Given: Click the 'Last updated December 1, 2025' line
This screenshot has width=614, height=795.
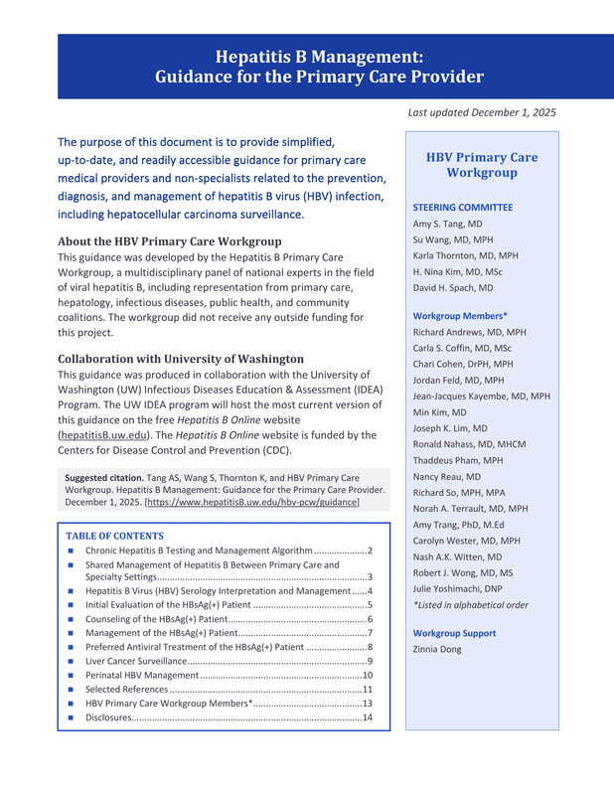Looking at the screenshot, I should tap(482, 113).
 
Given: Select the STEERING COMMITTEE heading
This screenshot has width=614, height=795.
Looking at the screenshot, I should tap(462, 207).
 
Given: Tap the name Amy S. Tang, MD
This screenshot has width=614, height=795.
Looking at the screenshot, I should tap(447, 224).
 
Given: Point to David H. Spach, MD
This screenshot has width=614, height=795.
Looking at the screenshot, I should tap(452, 288).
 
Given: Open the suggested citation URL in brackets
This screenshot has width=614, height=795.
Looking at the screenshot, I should tap(251, 503).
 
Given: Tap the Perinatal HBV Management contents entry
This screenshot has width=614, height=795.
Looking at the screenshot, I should tap(142, 675).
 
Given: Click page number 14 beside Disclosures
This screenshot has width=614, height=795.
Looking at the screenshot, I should tap(367, 717).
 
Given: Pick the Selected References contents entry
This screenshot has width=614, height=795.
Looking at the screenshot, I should tap(126, 689).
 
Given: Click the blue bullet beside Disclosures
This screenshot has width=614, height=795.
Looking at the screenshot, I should tap(72, 717).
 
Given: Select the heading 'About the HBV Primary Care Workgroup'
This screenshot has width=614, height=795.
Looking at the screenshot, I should tap(169, 241).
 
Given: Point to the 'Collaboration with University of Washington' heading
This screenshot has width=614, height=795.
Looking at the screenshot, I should tap(181, 359).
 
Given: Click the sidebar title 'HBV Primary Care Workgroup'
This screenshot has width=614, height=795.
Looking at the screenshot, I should tap(482, 165).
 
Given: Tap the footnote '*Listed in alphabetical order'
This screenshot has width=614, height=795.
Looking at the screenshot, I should tap(470, 604).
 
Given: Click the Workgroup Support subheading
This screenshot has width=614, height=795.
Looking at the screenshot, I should tap(454, 633).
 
